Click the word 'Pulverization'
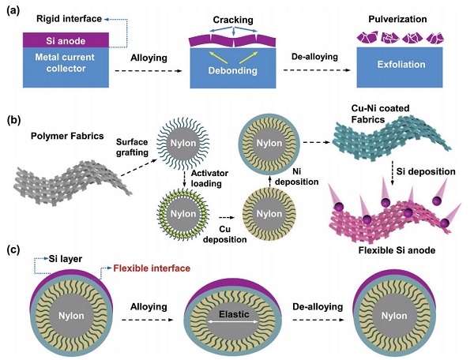tap(392, 13)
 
